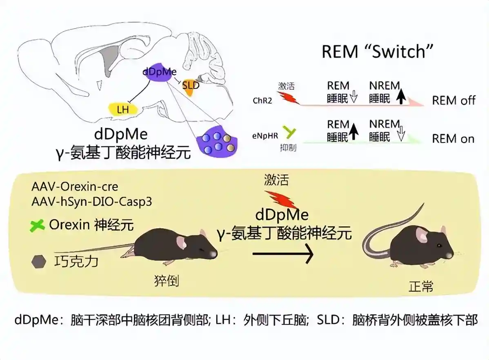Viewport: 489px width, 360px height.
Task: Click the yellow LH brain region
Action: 123,109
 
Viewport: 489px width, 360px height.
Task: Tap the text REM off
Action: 453,100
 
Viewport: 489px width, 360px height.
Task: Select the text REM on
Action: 453,139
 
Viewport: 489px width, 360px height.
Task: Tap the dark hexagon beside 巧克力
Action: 39,261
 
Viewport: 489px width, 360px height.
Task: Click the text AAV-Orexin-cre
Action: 75,187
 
